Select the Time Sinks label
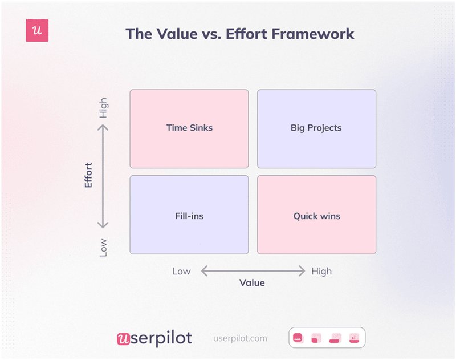189,128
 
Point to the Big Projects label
316,128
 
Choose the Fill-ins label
189,216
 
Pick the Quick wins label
316,216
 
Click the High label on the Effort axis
103,108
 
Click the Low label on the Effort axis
103,247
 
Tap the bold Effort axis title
88,176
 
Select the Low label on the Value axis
181,271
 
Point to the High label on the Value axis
321,271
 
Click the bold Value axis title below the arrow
252,282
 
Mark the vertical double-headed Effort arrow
104,177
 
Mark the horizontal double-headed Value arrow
252,271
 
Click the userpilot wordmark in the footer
154,338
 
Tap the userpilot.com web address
240,338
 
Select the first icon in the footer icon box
297,338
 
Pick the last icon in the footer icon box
354,338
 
